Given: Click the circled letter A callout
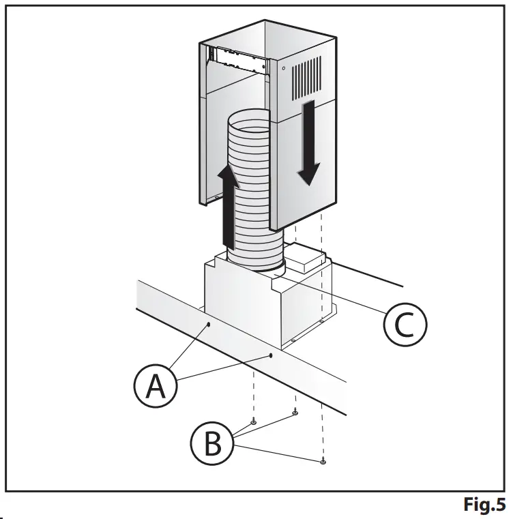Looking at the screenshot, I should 154,386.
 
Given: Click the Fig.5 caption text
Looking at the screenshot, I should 484,505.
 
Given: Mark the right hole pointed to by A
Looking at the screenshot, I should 271,355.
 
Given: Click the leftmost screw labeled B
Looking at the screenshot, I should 253,422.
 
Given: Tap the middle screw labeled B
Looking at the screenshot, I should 295,412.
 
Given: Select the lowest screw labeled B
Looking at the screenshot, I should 323,462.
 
